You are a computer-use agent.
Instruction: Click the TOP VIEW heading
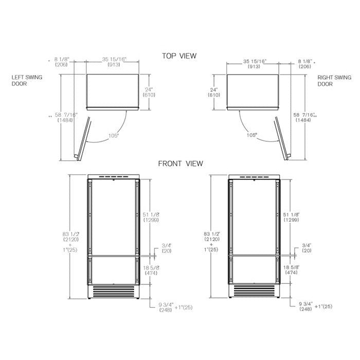[x=179, y=56]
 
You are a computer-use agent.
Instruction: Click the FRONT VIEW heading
[x=180, y=164]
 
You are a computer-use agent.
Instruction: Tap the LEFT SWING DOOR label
[x=27, y=81]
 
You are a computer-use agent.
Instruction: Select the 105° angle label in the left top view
[x=114, y=135]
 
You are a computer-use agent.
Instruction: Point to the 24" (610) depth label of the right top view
[x=214, y=92]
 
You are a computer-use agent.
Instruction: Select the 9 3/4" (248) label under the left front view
[x=165, y=307]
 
